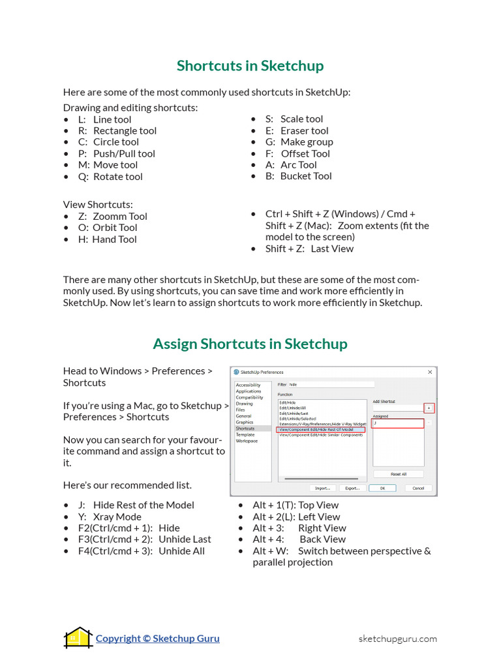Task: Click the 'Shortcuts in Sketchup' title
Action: coord(250,66)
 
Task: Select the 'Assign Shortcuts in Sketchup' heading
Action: coord(250,344)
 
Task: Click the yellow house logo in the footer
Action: coord(78,637)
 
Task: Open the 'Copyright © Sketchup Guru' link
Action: coord(157,639)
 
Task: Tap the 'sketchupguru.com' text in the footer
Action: coord(397,639)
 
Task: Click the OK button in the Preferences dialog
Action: coord(382,487)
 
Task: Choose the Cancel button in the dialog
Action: coord(418,487)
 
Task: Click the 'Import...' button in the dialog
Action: coord(322,487)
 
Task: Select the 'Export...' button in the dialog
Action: coord(352,487)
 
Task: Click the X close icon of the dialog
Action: coord(430,372)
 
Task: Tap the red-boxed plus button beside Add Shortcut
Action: coord(429,408)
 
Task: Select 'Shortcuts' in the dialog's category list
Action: coord(246,429)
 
